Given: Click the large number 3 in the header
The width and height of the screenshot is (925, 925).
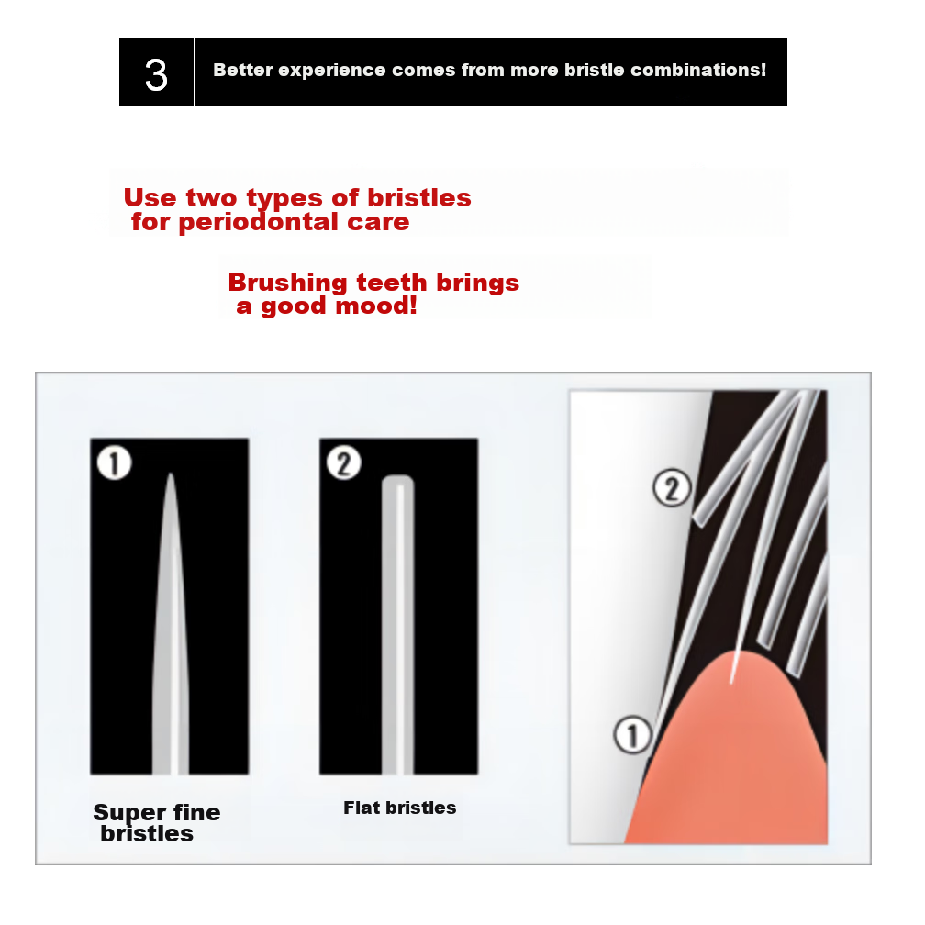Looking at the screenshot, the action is click(x=156, y=75).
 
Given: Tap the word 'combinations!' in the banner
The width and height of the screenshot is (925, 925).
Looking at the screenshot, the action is click(x=698, y=70).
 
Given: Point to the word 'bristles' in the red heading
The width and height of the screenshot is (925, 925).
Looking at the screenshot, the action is click(x=418, y=197).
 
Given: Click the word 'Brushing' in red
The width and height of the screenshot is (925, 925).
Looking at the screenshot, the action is click(x=287, y=284).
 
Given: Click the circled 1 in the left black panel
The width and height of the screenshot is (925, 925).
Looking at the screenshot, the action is click(x=114, y=463).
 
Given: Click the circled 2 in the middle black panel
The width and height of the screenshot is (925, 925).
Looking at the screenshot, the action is click(x=344, y=463).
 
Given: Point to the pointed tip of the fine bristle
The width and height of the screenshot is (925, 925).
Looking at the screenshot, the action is click(x=171, y=474).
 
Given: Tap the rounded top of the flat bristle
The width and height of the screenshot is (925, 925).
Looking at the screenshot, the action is click(x=398, y=478).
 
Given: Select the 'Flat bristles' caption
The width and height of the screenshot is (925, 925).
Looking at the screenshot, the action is click(x=399, y=808).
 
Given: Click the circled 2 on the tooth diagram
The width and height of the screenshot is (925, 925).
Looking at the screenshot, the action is click(x=672, y=488).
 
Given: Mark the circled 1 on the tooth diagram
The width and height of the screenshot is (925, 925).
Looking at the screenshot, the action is click(x=633, y=735).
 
